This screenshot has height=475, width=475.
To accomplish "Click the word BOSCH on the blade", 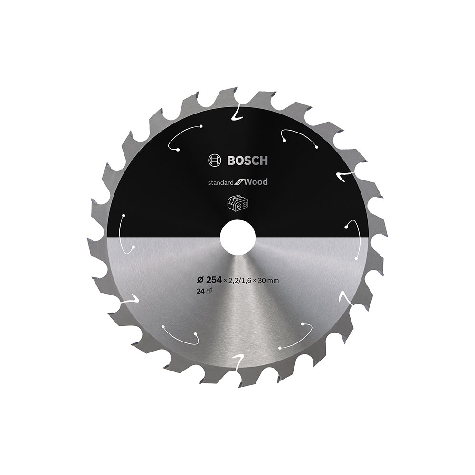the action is pyautogui.click(x=247, y=161).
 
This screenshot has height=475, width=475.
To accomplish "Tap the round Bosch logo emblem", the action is pyautogui.click(x=214, y=161).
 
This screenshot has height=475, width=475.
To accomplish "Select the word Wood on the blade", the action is pyautogui.click(x=256, y=182).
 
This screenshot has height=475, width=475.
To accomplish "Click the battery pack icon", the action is pyautogui.click(x=238, y=203).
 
